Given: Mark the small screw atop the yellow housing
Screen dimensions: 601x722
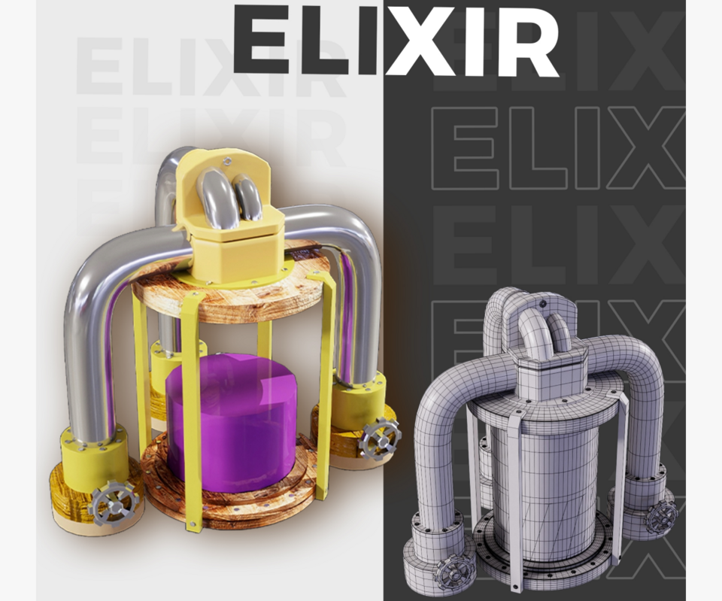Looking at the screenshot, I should coord(226,161).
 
